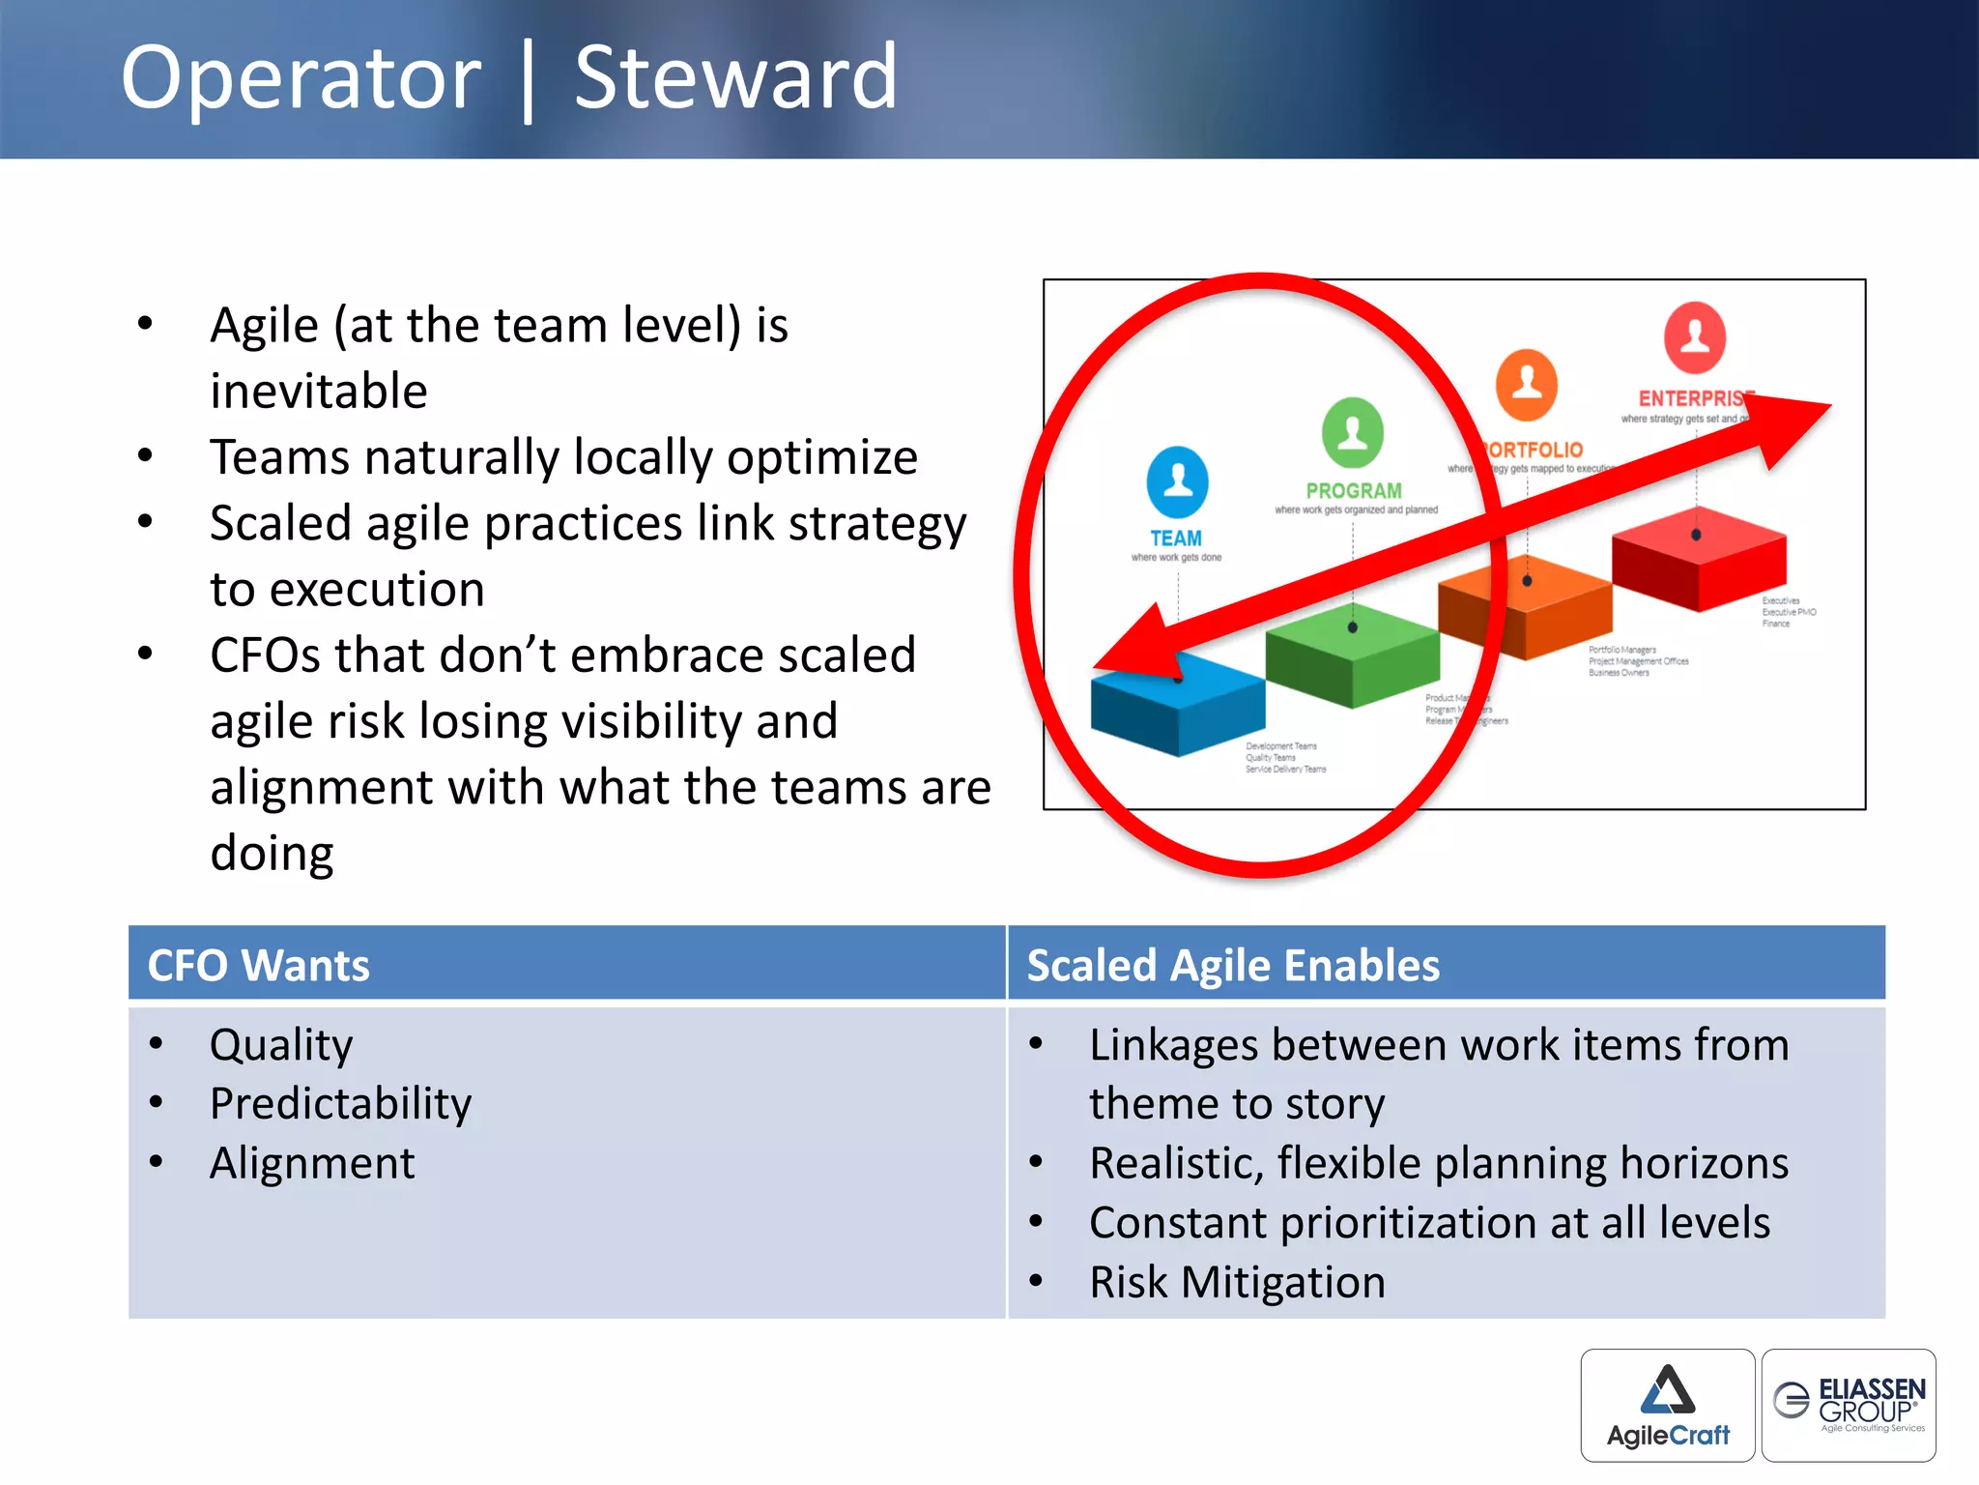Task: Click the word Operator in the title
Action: (301, 79)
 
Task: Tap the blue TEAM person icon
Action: (1177, 481)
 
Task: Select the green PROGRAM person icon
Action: (1352, 432)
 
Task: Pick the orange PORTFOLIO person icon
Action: (1526, 385)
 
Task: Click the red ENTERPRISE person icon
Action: (1694, 337)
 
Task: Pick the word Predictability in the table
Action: (340, 1103)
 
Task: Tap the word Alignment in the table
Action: (312, 1163)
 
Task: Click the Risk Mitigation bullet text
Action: (1237, 1282)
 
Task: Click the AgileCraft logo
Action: (1667, 1405)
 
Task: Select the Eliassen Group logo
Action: (1848, 1405)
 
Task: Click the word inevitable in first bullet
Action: (319, 392)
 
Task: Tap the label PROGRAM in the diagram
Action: (1353, 491)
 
